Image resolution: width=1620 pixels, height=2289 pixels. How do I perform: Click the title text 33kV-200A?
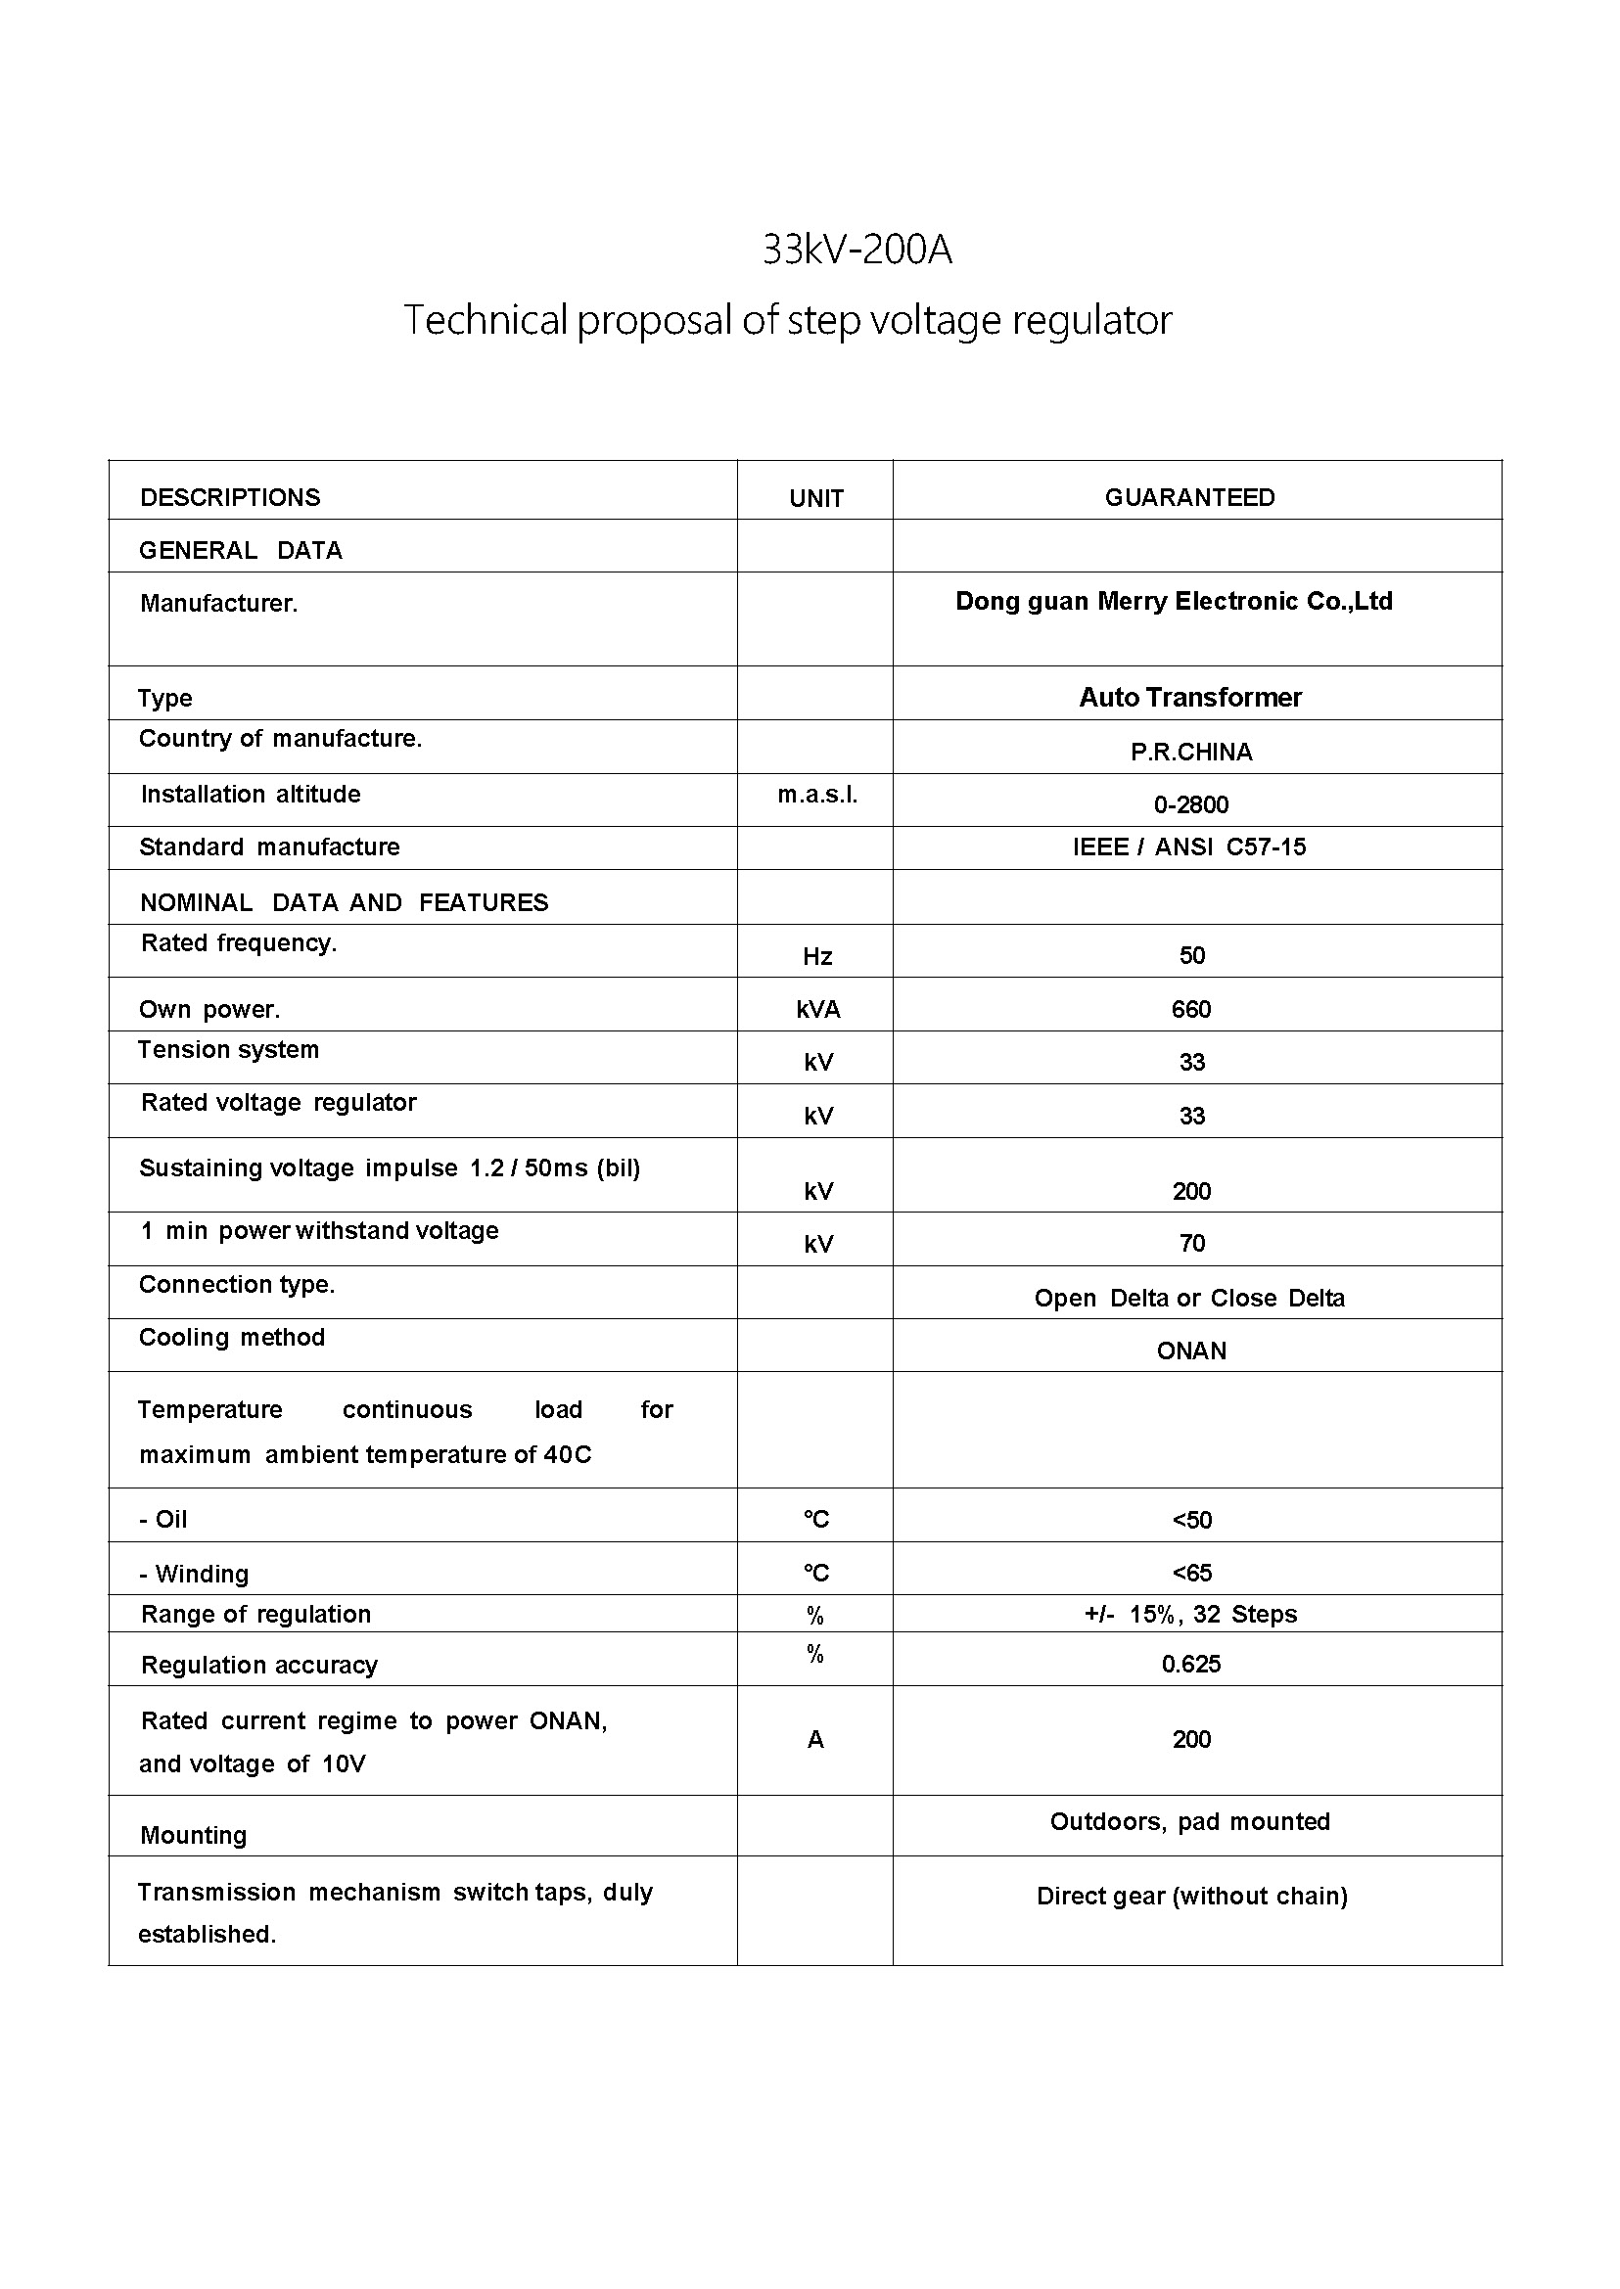pos(856,250)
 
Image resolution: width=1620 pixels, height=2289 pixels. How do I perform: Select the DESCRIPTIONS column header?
pos(229,497)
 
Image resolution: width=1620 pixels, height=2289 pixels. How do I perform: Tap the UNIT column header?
pos(816,498)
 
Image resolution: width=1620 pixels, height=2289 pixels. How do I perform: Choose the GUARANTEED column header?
pos(1189,497)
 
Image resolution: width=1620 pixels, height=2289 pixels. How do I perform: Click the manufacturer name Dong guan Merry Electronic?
pos(1173,601)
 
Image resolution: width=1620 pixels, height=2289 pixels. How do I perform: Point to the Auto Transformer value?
pos(1190,696)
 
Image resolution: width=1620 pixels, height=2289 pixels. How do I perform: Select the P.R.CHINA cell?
pos(1191,751)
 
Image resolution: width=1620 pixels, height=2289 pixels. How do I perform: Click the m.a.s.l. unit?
pos(817,794)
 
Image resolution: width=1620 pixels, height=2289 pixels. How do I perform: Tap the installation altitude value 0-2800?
pos(1191,803)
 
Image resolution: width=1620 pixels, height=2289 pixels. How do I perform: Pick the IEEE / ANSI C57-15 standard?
pos(1189,847)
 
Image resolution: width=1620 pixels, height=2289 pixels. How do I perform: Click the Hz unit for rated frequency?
pos(817,955)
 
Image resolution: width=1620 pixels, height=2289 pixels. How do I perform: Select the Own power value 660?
pos(1191,1008)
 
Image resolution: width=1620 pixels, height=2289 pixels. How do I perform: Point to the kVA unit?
pos(818,1009)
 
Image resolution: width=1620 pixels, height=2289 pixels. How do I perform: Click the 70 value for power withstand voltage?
pos(1191,1243)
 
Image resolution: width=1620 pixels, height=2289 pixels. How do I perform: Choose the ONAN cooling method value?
pos(1191,1351)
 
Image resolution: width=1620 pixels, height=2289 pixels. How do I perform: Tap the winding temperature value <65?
pos(1191,1573)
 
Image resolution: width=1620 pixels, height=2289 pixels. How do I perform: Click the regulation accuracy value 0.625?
pos(1191,1664)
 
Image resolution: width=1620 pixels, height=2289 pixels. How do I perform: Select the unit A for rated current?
pos(815,1739)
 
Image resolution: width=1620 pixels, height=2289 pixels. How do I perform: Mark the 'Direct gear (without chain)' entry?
pos(1191,1896)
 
